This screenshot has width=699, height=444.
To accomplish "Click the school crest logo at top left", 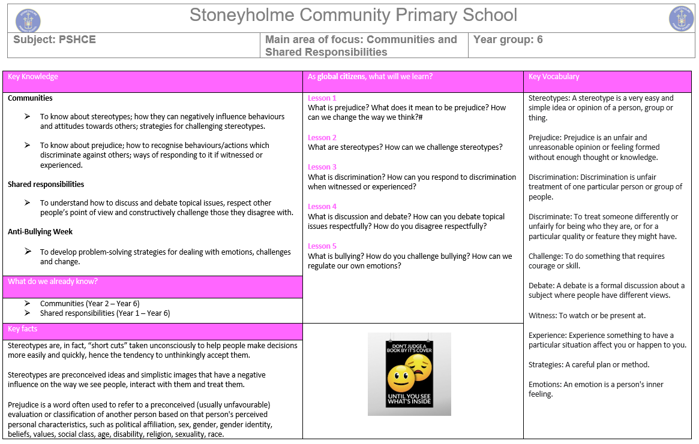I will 28,20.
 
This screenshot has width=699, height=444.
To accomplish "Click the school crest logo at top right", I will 681,19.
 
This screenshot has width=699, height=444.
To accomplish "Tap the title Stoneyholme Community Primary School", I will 353,16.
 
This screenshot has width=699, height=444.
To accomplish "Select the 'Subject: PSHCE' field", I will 55,40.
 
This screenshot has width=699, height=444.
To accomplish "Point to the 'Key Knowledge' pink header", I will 33,77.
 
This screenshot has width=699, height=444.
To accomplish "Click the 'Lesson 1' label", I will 322,98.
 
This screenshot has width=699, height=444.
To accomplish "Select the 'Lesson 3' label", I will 322,167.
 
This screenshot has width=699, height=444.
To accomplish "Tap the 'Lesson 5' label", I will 322,246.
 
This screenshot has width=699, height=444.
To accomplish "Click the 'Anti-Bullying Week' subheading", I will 40,232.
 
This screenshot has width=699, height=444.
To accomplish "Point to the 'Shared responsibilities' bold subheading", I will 46,185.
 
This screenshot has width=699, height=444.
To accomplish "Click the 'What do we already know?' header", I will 52,282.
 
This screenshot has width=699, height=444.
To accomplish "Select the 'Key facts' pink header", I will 23,329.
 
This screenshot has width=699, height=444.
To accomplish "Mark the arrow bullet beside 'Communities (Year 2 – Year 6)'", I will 28,304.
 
